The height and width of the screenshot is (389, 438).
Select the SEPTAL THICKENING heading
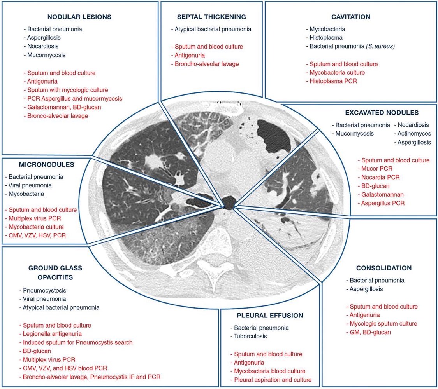pos(211,17)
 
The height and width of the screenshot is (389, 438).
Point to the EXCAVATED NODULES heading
pos(382,113)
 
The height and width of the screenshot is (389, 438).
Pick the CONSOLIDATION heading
pos(383,268)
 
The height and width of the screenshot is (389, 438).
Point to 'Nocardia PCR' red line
pos(378,177)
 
